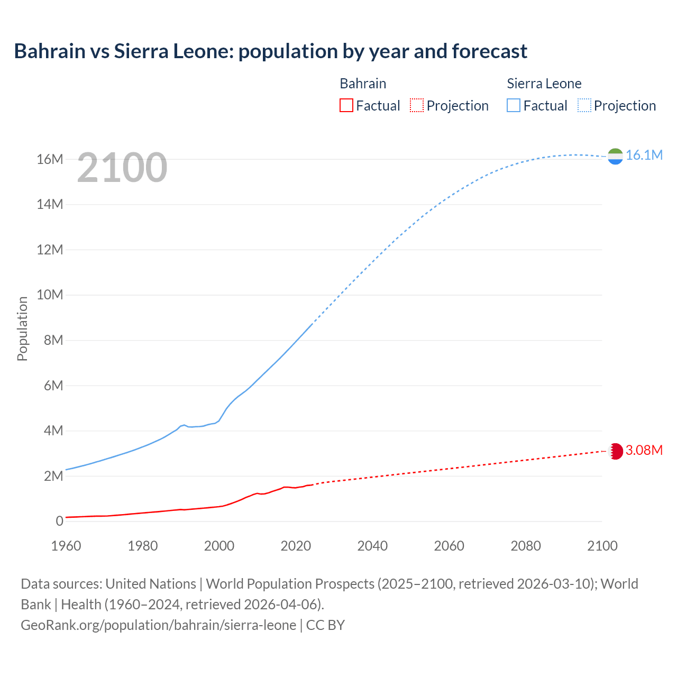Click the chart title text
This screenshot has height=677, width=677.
pos(270,51)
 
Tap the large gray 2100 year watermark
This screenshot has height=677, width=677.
pos(122,168)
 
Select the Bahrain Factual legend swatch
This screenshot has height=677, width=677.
pos(346,105)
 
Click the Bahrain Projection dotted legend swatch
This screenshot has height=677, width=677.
pos(417,105)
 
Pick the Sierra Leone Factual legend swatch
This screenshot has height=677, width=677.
pos(514,105)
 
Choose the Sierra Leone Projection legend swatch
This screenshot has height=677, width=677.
pos(584,105)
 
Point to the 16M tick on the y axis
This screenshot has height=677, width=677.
pos(50,159)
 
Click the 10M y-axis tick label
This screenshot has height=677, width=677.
pos(50,295)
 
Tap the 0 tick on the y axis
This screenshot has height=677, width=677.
pos(59,521)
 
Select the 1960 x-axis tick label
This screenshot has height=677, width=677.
pos(66,546)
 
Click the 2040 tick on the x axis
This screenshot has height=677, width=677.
pos(372,546)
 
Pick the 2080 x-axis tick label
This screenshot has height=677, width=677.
pos(526,546)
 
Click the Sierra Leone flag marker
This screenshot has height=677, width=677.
pos(615,156)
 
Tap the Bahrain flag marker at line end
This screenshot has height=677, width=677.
pos(615,451)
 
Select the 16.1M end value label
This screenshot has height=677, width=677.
pos(644,155)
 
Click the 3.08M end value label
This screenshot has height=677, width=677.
pos(644,450)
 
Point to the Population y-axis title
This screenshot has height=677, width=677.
pos(22,328)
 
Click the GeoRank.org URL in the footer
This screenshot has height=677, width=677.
pos(158,625)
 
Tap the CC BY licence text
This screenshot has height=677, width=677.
pos(325,625)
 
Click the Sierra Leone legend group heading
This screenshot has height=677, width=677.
pos(544,84)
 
